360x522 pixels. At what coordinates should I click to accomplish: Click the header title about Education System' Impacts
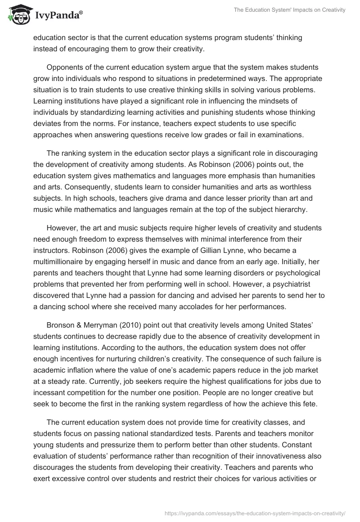(289, 10)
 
